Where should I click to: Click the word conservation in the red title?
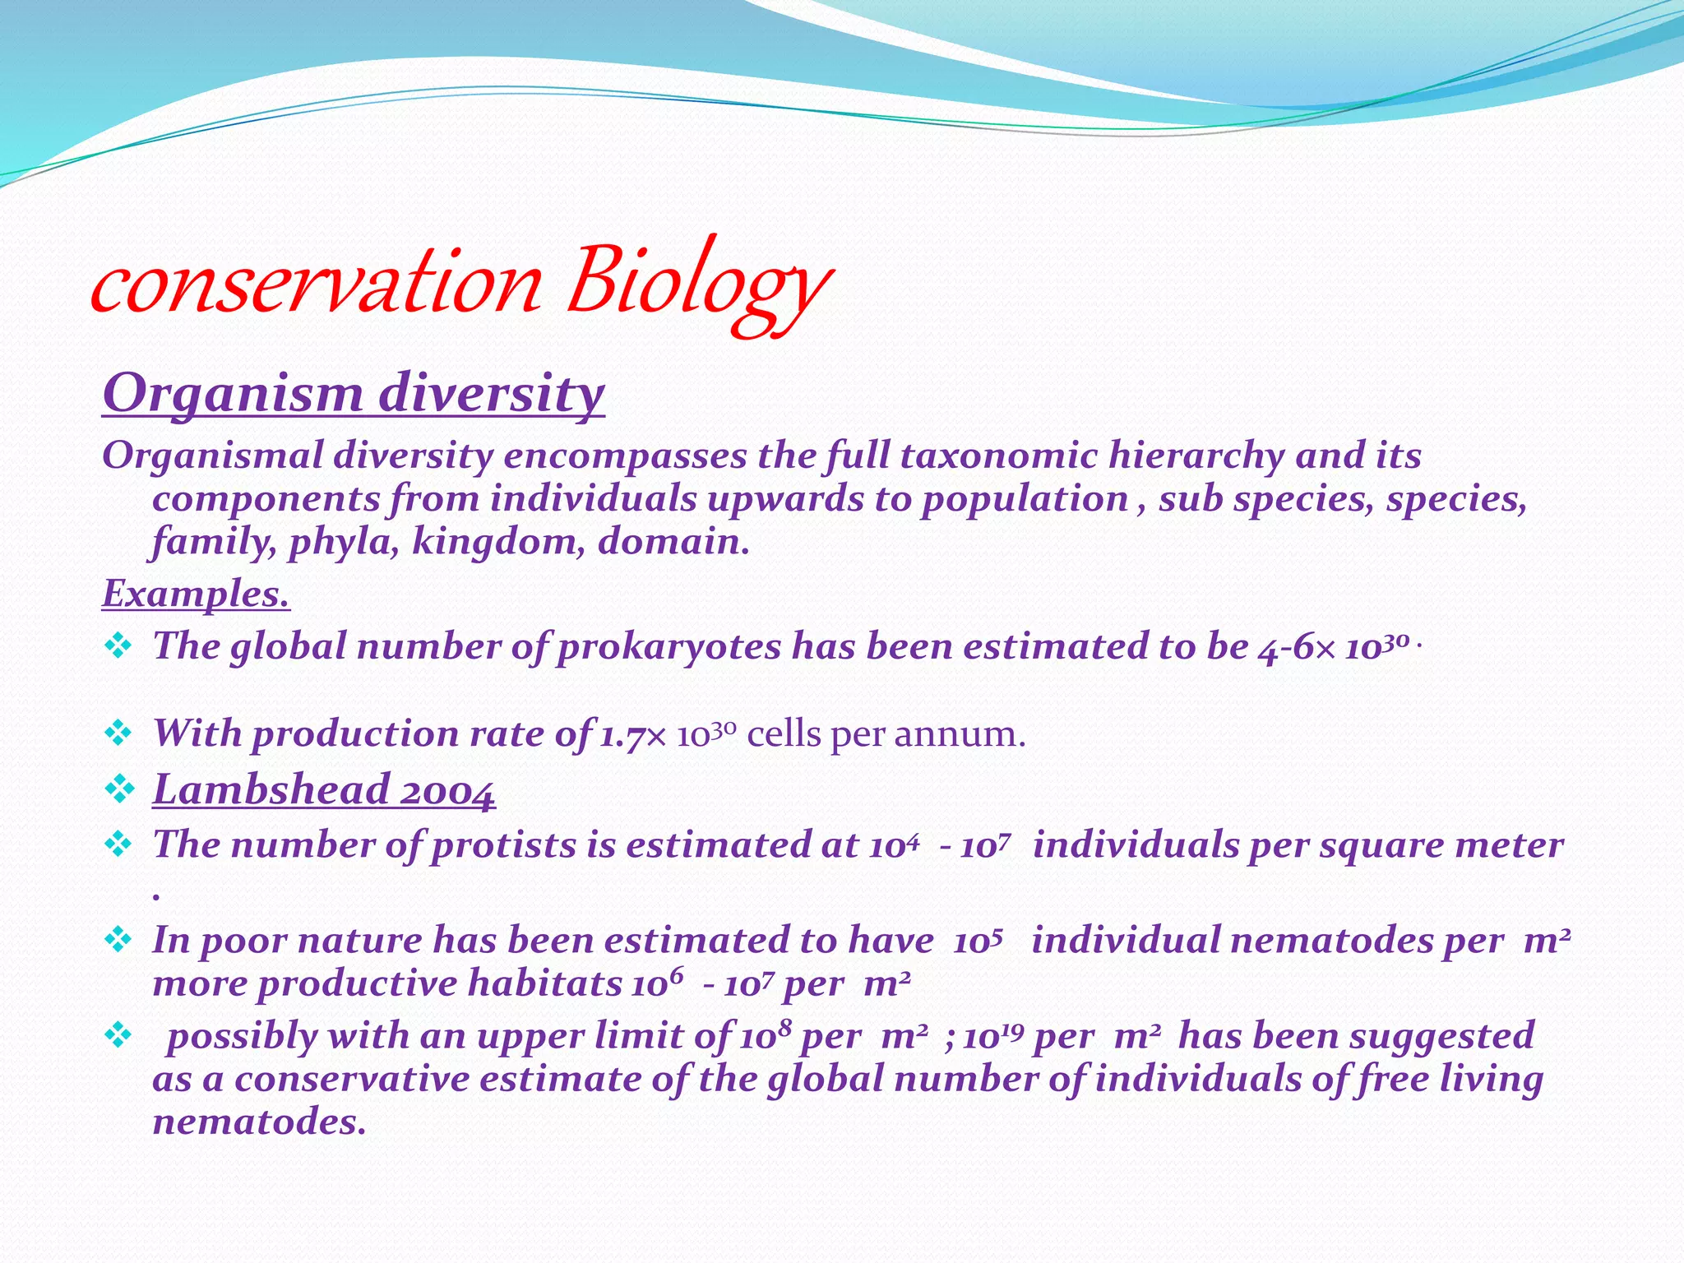click(317, 285)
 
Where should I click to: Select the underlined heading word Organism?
click(233, 393)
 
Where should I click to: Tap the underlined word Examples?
click(196, 593)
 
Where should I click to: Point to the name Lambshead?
click(271, 790)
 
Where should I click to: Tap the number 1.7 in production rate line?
click(621, 734)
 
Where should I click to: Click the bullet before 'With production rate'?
click(118, 733)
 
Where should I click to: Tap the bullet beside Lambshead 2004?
click(120, 789)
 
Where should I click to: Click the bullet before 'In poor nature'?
click(118, 939)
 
